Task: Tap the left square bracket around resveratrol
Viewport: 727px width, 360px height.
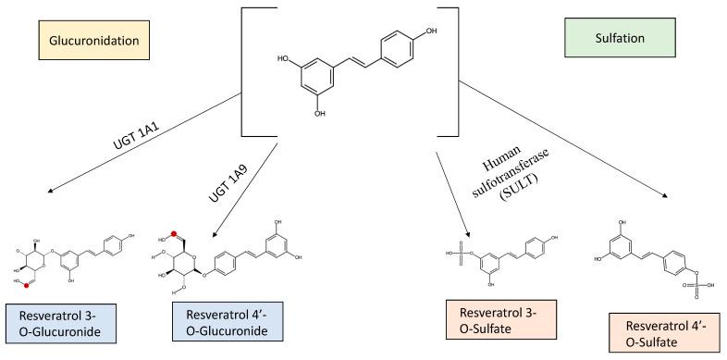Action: pyautogui.click(x=247, y=65)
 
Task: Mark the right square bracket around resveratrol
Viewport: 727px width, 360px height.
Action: pyautogui.click(x=451, y=65)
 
